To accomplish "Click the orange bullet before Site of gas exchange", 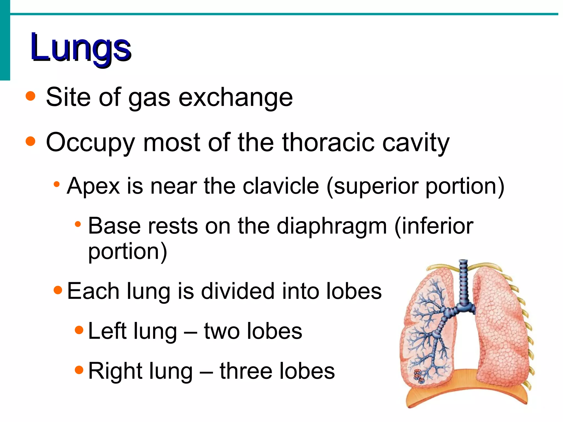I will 31,96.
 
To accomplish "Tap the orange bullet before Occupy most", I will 31,141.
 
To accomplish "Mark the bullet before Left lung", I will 79,330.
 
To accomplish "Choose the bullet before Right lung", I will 79,370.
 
